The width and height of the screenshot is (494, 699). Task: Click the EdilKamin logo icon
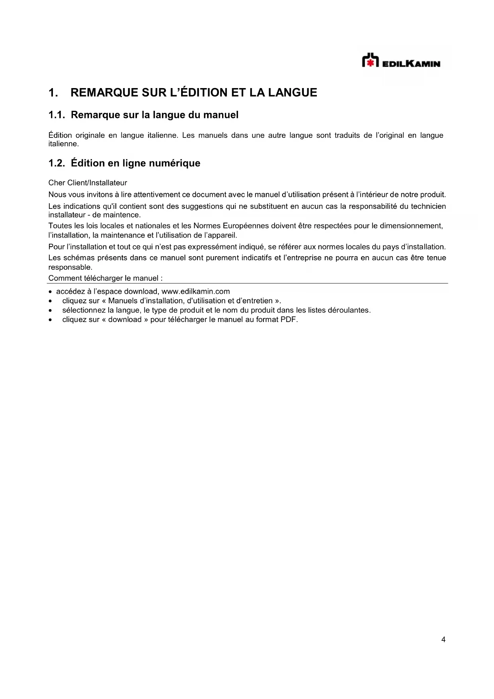click(x=370, y=61)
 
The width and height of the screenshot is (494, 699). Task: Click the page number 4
click(x=443, y=640)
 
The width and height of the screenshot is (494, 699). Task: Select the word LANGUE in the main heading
click(x=293, y=93)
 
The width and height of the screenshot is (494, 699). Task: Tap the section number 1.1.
click(x=57, y=115)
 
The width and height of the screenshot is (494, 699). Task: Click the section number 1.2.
click(x=57, y=163)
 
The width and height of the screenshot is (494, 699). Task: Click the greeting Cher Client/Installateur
click(x=88, y=183)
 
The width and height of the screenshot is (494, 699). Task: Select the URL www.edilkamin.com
click(x=195, y=291)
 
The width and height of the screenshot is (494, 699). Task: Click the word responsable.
click(x=70, y=267)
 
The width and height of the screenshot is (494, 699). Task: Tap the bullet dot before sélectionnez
click(x=50, y=310)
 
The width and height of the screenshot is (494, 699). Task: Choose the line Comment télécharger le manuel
click(x=105, y=278)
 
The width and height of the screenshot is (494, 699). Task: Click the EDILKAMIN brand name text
click(x=411, y=64)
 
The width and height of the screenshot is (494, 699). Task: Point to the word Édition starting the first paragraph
click(x=60, y=135)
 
